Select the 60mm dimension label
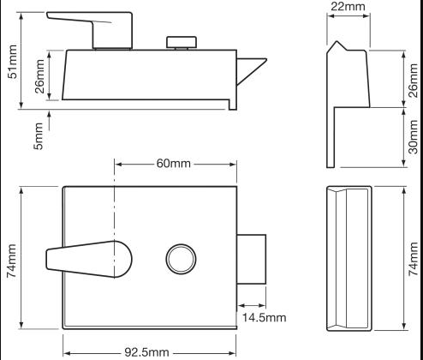pos(173,163)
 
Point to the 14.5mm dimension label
pos(264,318)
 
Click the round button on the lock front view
pos(180,259)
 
